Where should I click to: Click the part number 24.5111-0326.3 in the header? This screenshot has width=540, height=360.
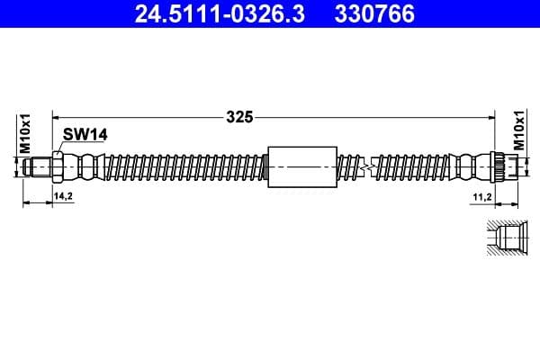pyautogui.click(x=200, y=13)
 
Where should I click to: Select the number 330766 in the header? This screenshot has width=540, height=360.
pyautogui.click(x=370, y=13)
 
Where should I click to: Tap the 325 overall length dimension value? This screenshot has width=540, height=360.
pyautogui.click(x=239, y=116)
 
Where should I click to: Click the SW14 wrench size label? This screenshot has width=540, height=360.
pyautogui.click(x=85, y=134)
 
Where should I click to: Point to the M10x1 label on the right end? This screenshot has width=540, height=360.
pyautogui.click(x=518, y=130)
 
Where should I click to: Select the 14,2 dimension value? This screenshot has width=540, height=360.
pyautogui.click(x=62, y=194)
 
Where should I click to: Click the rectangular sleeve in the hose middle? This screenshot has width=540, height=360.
pyautogui.click(x=302, y=166)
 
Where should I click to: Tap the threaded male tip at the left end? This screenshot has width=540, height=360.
pyautogui.click(x=39, y=166)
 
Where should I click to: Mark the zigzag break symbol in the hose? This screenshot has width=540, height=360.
pyautogui.click(x=364, y=166)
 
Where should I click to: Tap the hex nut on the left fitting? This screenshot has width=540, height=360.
pyautogui.click(x=58, y=166)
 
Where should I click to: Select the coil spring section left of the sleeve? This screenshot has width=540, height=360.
pyautogui.click(x=180, y=166)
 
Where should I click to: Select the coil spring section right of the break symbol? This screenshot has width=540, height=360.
pyautogui.click(x=414, y=166)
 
